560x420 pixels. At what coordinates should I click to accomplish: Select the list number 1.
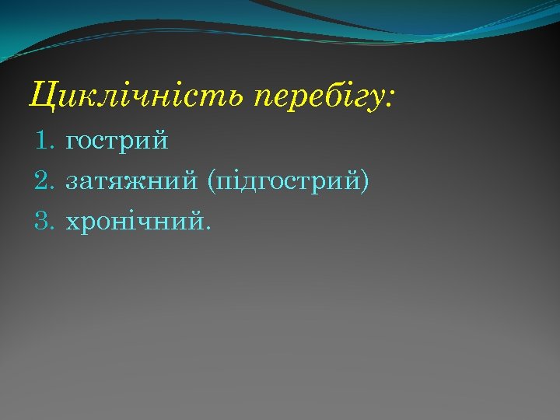point(43,142)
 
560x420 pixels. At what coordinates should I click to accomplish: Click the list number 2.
point(43,182)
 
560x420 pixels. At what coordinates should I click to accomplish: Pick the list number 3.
point(43,222)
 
